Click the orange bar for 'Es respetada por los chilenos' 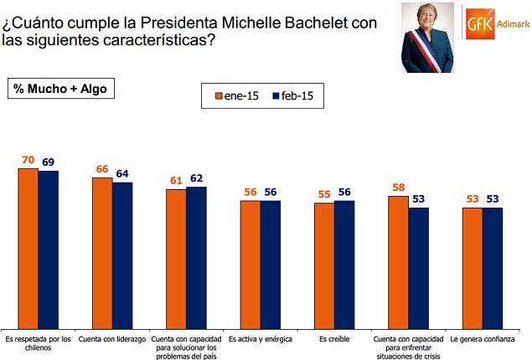pyautogui.click(x=28, y=248)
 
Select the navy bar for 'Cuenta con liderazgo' pyautogui.click(x=122, y=255)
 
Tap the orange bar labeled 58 pyautogui.click(x=398, y=261)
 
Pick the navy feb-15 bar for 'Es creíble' pyautogui.click(x=344, y=264)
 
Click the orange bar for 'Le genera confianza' pyautogui.click(x=473, y=267)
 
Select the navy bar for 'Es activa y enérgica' pyautogui.click(x=270, y=264)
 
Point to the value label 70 pyautogui.click(x=28, y=159)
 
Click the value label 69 pyautogui.click(x=49, y=162)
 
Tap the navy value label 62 pyautogui.click(x=196, y=178)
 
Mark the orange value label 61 pyautogui.click(x=176, y=180)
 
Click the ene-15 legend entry pyautogui.click(x=236, y=96)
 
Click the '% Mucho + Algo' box pyautogui.click(x=58, y=88)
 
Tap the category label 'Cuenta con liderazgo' pyautogui.click(x=112, y=340)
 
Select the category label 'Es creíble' pyautogui.click(x=334, y=340)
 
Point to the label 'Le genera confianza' pyautogui.click(x=483, y=340)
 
